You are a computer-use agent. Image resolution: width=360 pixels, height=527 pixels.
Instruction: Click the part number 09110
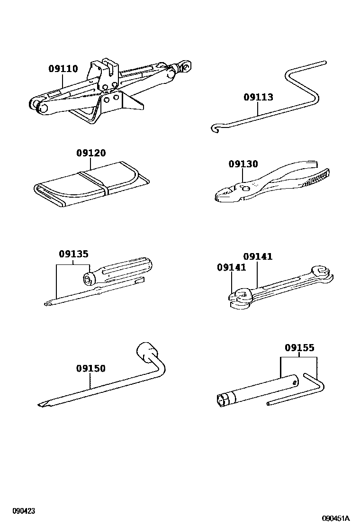coord(63,69)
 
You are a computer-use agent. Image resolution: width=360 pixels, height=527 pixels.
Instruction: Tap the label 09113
coord(258,97)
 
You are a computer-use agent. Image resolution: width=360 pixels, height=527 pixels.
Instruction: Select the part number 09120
coord(91,154)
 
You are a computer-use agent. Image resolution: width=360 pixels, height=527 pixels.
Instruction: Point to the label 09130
coord(243,164)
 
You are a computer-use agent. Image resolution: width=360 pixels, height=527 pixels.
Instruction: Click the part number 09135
coord(73,254)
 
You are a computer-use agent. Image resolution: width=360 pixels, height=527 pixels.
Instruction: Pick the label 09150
coord(91,368)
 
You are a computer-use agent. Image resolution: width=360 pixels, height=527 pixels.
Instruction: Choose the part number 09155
coord(299,348)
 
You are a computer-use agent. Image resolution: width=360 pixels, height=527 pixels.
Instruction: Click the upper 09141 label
coord(258,256)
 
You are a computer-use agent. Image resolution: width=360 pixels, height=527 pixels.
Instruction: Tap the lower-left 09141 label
coord(232,267)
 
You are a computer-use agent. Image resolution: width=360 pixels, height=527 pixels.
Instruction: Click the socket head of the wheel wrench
coord(147,352)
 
